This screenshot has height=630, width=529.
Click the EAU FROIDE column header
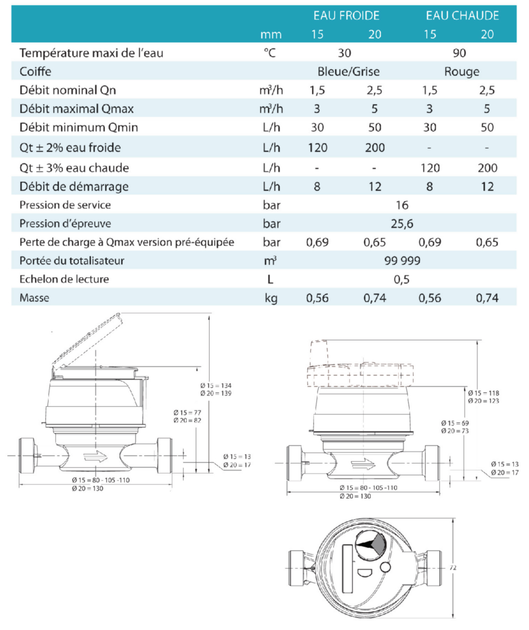click(x=346, y=16)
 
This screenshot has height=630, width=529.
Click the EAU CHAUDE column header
click(x=462, y=16)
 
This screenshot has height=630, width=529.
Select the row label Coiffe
click(x=35, y=72)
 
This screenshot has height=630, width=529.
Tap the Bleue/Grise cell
click(x=348, y=72)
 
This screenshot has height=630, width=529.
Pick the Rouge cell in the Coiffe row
click(x=462, y=72)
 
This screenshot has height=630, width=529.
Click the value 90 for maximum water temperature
click(x=459, y=53)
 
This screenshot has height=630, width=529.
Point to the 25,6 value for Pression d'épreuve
click(x=402, y=224)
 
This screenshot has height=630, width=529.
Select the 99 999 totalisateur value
click(x=402, y=260)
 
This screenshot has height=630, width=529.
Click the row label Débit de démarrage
click(x=74, y=186)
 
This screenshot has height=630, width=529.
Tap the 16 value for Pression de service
click(x=402, y=205)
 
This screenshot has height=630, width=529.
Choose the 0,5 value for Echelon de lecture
click(x=401, y=279)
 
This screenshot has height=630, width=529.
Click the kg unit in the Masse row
click(x=271, y=298)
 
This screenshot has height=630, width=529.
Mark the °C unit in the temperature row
click(x=270, y=53)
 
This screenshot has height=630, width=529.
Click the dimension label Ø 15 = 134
click(x=216, y=385)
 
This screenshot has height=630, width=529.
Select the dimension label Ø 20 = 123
click(x=484, y=401)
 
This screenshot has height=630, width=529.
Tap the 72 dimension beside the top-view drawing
click(x=453, y=568)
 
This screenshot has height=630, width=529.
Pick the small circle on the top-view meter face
click(x=385, y=567)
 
